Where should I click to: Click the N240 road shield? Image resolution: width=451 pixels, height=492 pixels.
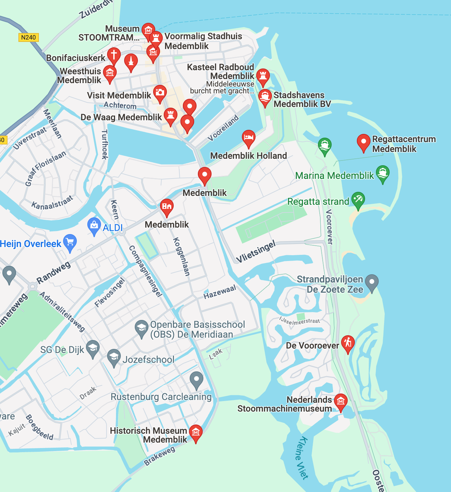(x=28, y=37)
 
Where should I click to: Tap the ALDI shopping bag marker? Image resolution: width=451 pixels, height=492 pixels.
(x=94, y=225)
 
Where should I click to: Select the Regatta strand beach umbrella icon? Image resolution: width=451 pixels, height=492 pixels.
(x=358, y=199)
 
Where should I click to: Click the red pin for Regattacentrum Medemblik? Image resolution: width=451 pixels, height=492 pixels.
(x=363, y=141)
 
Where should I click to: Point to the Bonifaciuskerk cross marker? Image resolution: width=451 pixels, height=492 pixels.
(x=114, y=55)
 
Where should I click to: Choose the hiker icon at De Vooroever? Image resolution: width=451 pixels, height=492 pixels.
(x=348, y=343)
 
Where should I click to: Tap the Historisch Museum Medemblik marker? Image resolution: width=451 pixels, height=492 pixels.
(x=195, y=432)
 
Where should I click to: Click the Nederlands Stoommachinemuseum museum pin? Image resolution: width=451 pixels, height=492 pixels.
(x=340, y=401)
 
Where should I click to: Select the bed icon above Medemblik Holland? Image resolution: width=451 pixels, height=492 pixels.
(x=249, y=138)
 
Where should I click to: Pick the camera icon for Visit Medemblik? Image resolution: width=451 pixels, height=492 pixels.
(x=160, y=92)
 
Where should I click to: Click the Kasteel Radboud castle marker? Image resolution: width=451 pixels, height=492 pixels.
(x=263, y=76)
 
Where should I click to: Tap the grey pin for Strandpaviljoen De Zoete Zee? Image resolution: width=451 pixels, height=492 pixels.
(x=372, y=282)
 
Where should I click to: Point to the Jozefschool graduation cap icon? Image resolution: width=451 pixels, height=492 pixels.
(x=114, y=357)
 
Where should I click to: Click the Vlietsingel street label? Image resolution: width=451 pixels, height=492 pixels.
(x=256, y=252)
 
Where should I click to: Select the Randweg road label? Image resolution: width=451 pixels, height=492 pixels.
(x=54, y=273)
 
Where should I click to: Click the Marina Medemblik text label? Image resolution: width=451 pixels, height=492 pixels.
(x=334, y=176)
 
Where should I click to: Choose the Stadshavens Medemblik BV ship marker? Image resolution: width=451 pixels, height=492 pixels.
(x=265, y=97)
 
